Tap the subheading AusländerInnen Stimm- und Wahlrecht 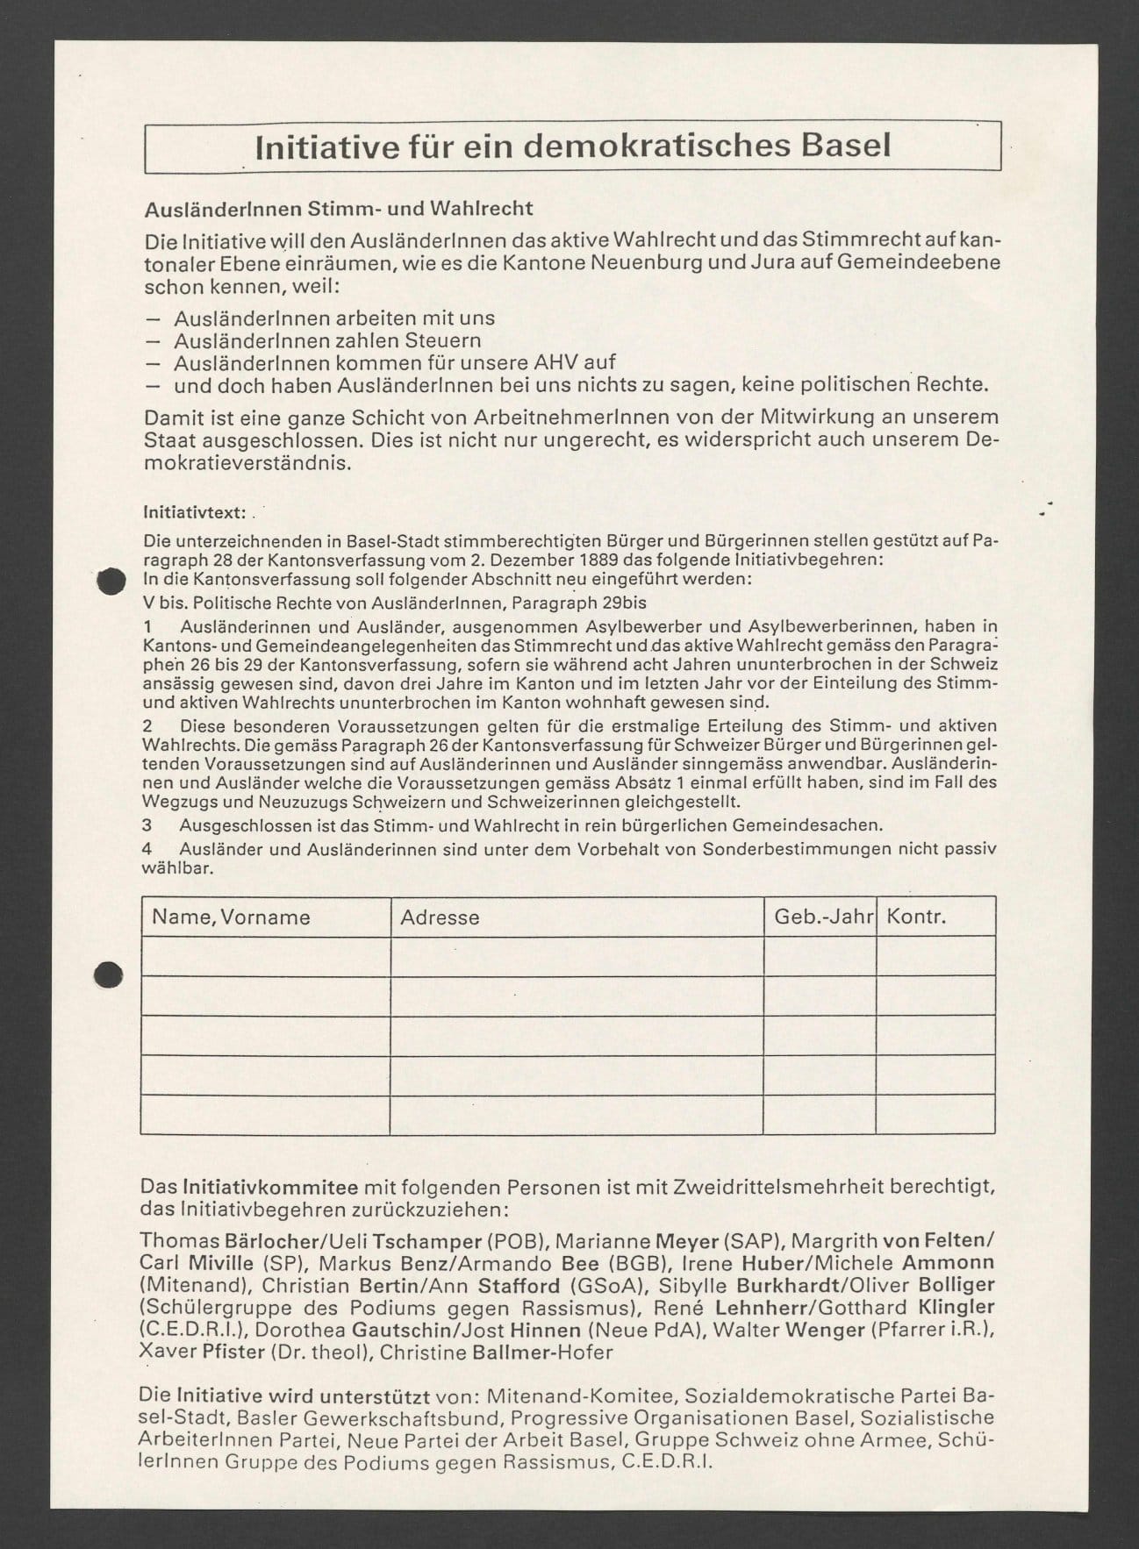(x=339, y=209)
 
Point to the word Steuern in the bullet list (x=441, y=340)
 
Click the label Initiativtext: (x=197, y=512)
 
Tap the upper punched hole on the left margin (x=109, y=582)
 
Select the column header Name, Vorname (x=231, y=917)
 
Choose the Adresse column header (x=440, y=917)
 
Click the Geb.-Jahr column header (x=823, y=917)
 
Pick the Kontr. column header (x=916, y=917)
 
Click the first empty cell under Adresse (x=577, y=956)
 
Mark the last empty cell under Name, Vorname (x=265, y=1114)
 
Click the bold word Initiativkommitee (x=269, y=1188)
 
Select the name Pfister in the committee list (x=233, y=1352)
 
